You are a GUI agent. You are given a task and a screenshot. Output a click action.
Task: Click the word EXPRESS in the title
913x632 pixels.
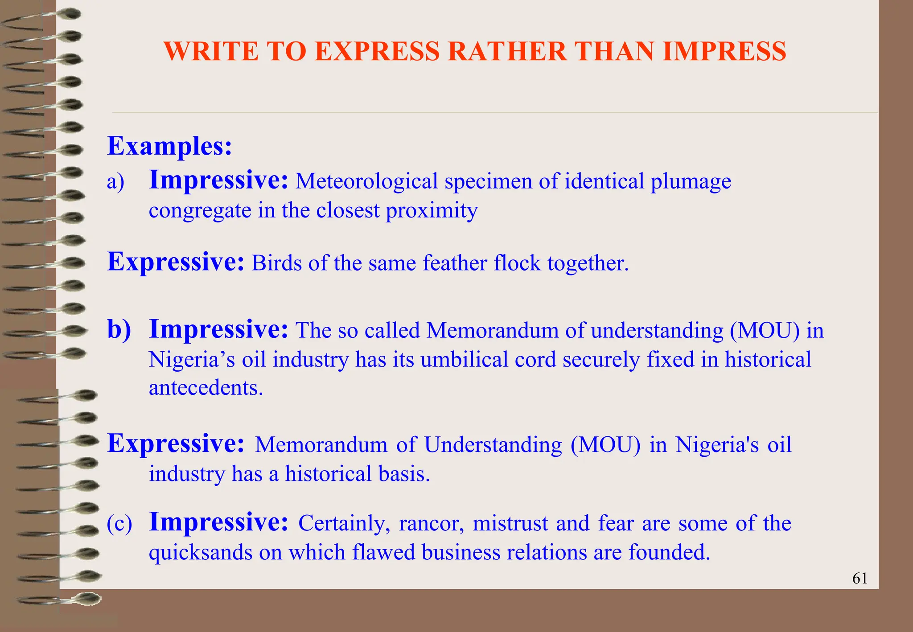tap(377, 51)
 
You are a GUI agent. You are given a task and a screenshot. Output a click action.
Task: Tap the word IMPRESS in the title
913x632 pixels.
tap(724, 51)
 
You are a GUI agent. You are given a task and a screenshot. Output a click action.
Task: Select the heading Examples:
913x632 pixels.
tap(169, 146)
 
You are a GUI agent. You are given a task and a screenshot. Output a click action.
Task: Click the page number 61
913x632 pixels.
tap(860, 579)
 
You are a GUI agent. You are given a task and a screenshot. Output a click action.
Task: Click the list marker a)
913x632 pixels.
tap(115, 182)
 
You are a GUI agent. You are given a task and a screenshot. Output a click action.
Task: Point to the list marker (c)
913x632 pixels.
tap(119, 523)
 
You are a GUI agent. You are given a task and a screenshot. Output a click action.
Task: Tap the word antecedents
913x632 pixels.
tap(206, 388)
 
